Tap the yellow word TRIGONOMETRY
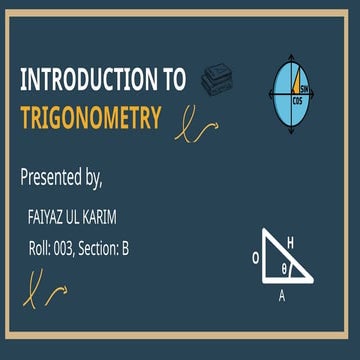point(90,118)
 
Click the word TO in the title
point(172,79)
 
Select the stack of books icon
point(214,81)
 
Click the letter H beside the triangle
point(290,242)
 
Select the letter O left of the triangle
point(255,255)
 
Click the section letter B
point(124,246)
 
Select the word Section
point(98,246)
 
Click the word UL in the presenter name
point(81,215)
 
